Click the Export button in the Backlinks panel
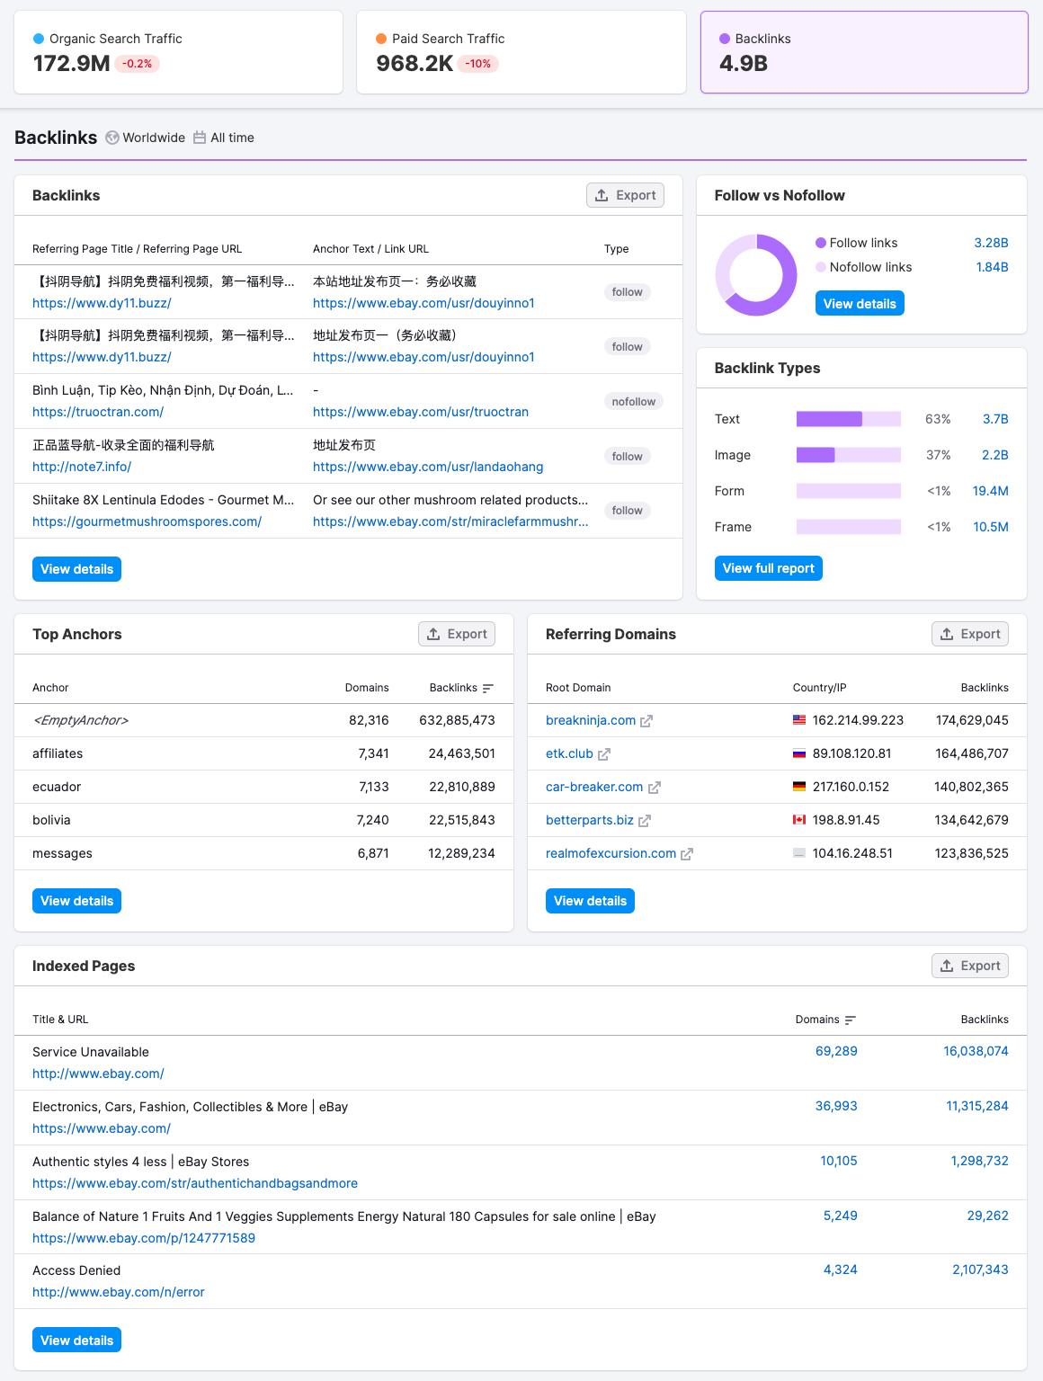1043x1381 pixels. (x=625, y=195)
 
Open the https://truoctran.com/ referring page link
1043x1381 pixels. (x=98, y=412)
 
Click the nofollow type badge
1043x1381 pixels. (x=633, y=402)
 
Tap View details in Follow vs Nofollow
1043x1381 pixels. (x=859, y=304)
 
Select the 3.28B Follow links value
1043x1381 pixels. (x=991, y=243)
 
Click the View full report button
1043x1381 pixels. (x=768, y=568)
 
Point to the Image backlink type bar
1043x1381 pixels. (x=848, y=455)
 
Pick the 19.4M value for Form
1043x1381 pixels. (x=990, y=491)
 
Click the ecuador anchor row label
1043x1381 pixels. (x=57, y=787)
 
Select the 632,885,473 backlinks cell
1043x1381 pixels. (x=457, y=720)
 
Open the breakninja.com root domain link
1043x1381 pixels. (x=591, y=720)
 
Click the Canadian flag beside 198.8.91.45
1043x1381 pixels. (x=799, y=820)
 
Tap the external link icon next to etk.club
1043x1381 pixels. (x=604, y=754)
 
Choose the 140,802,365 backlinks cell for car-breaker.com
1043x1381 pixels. (x=971, y=787)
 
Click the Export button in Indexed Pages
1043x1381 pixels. (x=969, y=966)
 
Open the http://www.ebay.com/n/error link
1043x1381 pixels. (x=119, y=1292)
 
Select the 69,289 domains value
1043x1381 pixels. (x=836, y=1051)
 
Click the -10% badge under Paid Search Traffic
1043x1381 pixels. (x=478, y=64)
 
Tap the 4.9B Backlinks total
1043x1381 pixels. (x=744, y=63)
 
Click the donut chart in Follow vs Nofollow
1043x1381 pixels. (x=756, y=275)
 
